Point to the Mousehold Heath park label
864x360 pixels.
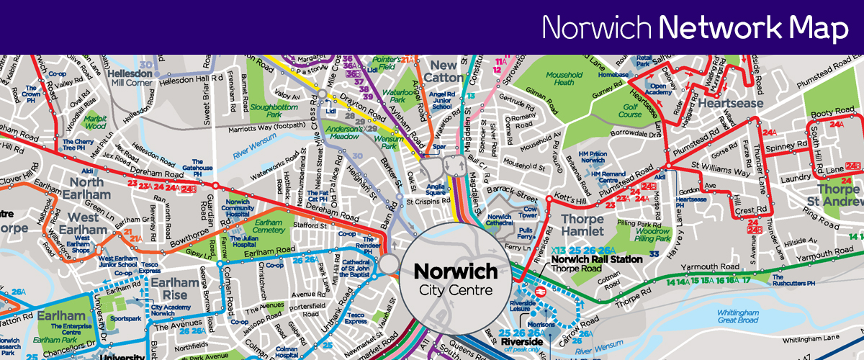(564, 79)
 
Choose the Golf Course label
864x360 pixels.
(630, 110)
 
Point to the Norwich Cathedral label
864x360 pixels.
(500, 220)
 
